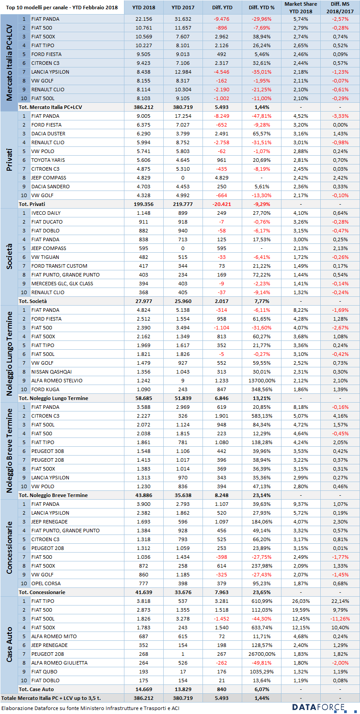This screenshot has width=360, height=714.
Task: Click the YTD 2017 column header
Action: (183, 7)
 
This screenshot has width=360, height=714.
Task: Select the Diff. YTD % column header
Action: (262, 7)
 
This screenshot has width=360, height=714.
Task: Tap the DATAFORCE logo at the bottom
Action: (319, 707)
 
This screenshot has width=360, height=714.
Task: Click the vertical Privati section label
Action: (9, 160)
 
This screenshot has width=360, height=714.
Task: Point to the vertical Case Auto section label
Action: (9, 644)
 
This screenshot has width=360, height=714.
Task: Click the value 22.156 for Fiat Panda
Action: (143, 19)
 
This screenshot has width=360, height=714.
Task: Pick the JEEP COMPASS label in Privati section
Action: (49, 178)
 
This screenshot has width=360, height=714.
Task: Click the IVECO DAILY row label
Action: (46, 213)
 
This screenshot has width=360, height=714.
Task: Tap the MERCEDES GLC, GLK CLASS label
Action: (62, 284)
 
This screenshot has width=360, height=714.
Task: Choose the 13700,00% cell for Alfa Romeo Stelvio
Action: (262, 381)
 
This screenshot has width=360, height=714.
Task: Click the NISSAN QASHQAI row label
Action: (51, 372)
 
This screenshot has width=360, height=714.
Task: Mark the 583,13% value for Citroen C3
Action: (262, 415)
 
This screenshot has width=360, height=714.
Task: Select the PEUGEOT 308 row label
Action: (48, 451)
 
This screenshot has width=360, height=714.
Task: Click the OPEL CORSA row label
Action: (46, 583)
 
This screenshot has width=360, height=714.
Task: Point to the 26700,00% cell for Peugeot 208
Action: (262, 654)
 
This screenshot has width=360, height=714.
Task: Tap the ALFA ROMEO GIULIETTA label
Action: (59, 663)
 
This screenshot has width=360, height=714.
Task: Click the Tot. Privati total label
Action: (32, 204)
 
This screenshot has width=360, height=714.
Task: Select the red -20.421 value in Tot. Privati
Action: (221, 204)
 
